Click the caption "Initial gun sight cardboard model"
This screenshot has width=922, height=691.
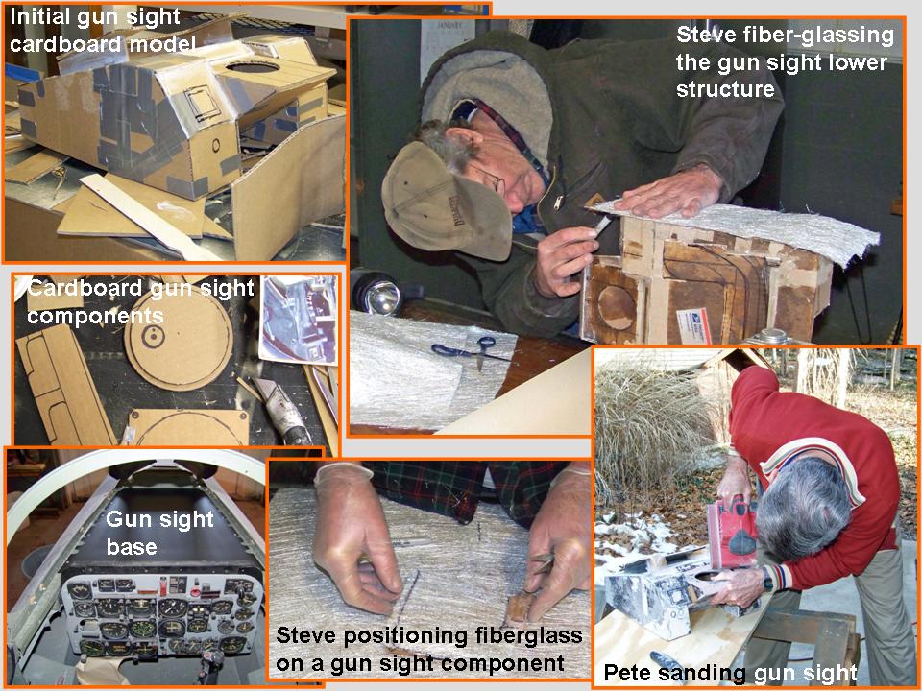point(103,30)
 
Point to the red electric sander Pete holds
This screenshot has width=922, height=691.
point(733,531)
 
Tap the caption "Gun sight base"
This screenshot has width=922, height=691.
point(159,533)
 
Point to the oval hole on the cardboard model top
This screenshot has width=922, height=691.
point(253,66)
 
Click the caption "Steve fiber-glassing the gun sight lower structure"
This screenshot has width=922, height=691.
point(785,61)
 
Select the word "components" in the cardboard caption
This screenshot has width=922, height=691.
point(95,316)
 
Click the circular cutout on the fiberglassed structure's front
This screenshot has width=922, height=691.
point(616,306)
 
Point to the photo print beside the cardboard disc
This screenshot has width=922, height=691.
point(298,321)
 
